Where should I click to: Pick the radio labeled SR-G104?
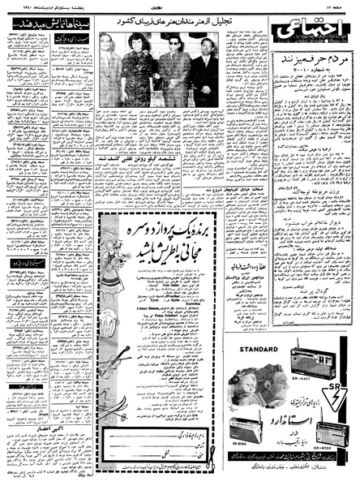(245, 428)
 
